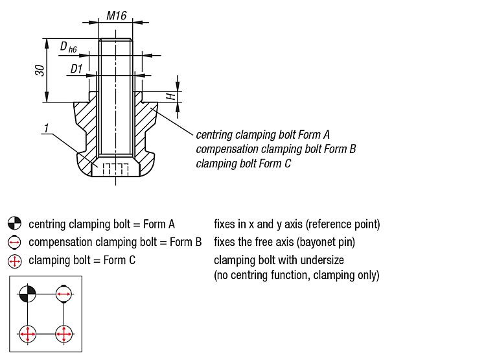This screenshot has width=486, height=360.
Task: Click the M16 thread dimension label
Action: pyautogui.click(x=116, y=15)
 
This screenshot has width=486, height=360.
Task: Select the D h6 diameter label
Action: pyautogui.click(x=68, y=47)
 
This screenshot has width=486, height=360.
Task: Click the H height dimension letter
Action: pyautogui.click(x=170, y=96)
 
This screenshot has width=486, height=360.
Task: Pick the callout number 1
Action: pyautogui.click(x=46, y=130)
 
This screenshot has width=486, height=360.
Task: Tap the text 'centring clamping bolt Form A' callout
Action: pyautogui.click(x=263, y=135)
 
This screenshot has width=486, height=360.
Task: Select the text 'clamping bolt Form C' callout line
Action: pyautogui.click(x=244, y=163)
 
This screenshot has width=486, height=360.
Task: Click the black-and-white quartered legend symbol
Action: pyautogui.click(x=15, y=224)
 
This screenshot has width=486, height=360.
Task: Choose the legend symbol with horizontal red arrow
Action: pyautogui.click(x=15, y=243)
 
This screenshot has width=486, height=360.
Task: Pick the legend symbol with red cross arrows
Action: pyautogui.click(x=15, y=261)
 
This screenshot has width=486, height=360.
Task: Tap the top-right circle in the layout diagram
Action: pyautogui.click(x=64, y=294)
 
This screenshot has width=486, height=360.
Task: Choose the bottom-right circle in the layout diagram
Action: pyautogui.click(x=64, y=334)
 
